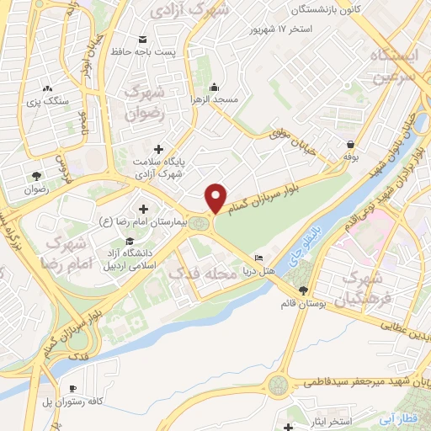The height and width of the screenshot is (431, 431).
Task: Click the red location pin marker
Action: pos(216,198)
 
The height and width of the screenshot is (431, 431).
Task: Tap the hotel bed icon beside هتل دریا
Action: pos(258,258)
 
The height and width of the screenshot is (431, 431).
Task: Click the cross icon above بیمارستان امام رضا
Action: pos(142,209)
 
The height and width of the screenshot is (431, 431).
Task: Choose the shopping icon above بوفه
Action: pos(349,142)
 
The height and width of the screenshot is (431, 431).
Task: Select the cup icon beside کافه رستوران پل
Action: pos(73,388)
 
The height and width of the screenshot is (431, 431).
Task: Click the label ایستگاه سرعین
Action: pos(387,63)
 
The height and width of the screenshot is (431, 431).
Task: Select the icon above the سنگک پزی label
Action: pos(47,88)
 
